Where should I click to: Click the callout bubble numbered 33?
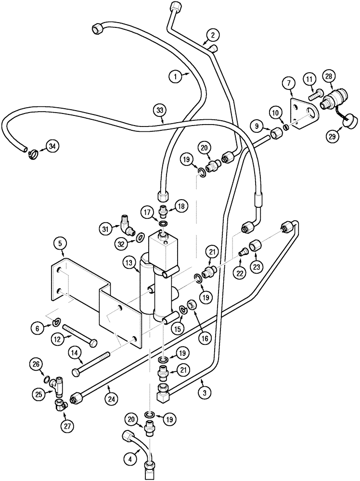click(160, 110)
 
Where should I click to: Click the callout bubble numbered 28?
click(329, 76)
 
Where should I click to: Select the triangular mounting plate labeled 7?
click(301, 114)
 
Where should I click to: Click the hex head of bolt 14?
click(76, 373)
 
